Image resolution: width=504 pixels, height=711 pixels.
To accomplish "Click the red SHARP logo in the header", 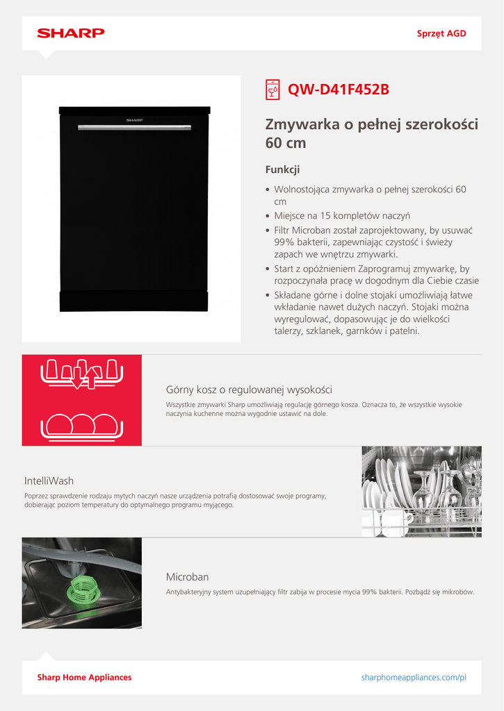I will point(70,33).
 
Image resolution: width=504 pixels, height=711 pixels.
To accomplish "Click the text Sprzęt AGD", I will point(441,33).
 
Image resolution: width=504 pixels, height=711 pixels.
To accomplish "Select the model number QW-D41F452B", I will point(339,90).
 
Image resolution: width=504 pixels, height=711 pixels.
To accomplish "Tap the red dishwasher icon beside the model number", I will point(273,90).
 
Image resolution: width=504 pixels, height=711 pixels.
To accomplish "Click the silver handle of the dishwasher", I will point(133,127).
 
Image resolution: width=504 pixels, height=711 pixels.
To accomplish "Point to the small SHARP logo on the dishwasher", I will point(134,119).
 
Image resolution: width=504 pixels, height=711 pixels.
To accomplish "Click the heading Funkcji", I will point(282,169).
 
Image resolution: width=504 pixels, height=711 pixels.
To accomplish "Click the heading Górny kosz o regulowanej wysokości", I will point(249,390).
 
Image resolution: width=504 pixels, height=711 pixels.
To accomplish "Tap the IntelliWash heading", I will point(49,480).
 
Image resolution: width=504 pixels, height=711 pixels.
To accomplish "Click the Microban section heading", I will point(187,577).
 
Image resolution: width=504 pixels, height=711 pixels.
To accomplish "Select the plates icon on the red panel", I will point(81,424).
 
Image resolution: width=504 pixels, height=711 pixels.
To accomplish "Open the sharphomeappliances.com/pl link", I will point(414,677).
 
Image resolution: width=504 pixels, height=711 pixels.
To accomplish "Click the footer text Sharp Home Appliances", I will point(84,677).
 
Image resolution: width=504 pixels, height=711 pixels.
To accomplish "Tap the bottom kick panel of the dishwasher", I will point(133,301).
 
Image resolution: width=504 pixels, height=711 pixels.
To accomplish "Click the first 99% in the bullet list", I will point(286,242).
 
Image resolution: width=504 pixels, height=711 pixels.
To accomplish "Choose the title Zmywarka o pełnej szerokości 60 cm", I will point(371,134).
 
